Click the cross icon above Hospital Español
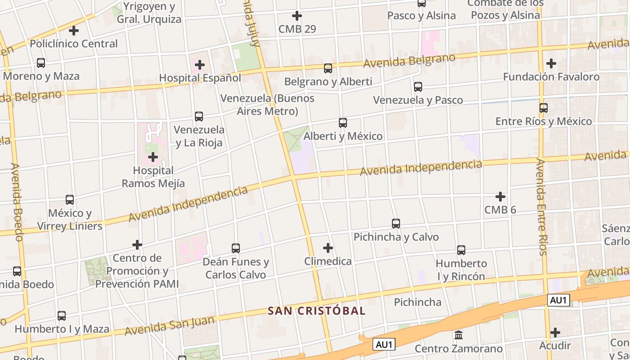coord(200,65)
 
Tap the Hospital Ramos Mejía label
coord(153,177)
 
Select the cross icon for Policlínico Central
coord(74,31)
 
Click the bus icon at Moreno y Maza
coord(41,63)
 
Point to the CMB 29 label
coord(297,29)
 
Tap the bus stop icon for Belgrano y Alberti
coord(328,68)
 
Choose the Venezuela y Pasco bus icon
coord(418,87)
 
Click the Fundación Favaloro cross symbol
coord(551,63)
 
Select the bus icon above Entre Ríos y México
coord(544,108)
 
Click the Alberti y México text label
coord(343,136)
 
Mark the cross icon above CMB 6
coord(500,197)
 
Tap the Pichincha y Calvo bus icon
coord(396,224)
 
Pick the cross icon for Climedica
coord(328,248)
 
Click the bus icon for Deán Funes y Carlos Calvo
coord(236,248)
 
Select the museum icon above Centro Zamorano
coord(459,335)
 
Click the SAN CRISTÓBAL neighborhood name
coord(316,311)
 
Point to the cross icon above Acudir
coord(556,333)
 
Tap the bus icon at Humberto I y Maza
coord(62,316)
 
